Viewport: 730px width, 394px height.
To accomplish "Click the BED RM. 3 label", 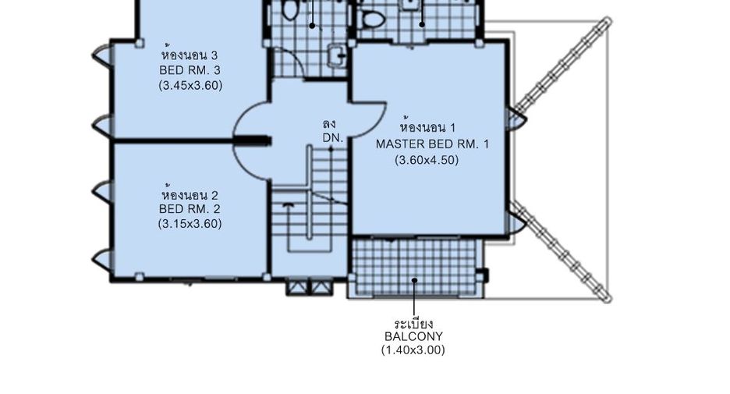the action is click(190, 70).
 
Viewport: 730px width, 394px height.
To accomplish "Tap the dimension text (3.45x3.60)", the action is click(190, 85).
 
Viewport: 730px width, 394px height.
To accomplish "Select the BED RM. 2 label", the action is click(190, 208).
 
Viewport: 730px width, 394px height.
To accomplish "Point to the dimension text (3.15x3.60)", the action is click(190, 224).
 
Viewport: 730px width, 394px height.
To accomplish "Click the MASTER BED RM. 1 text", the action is click(433, 144).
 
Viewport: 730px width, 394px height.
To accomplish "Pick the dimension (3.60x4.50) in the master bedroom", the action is click(427, 160).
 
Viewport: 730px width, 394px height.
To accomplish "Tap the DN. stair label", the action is click(333, 138).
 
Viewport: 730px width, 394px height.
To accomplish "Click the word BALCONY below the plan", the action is click(414, 336).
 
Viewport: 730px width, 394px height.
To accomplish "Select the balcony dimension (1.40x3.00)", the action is click(413, 350).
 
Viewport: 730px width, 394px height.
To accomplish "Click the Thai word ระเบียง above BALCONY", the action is click(414, 324).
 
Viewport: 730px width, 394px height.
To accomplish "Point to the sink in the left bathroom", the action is click(337, 56).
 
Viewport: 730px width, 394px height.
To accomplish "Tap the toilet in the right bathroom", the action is click(374, 19).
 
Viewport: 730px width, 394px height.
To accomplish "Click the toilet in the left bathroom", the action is click(289, 9).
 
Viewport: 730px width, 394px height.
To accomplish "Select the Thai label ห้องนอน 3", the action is click(190, 54).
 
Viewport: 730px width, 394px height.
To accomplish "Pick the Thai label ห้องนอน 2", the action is click(190, 193).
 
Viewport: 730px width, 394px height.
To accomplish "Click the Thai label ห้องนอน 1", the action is click(428, 126).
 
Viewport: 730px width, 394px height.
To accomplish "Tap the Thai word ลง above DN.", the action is click(329, 124).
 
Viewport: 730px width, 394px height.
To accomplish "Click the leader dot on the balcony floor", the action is click(414, 280).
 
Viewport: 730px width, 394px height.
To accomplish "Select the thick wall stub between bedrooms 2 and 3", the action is click(253, 140).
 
